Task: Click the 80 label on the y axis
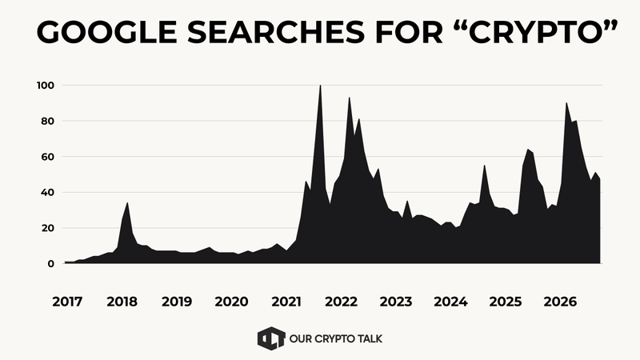click(47, 122)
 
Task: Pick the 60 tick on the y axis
click(47, 157)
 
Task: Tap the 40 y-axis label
click(47, 193)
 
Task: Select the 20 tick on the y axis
click(47, 228)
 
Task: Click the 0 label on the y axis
click(50, 263)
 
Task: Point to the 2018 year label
click(122, 302)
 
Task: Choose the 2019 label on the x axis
click(176, 302)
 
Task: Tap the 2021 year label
click(286, 302)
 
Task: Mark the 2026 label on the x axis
click(560, 302)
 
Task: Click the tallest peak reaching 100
click(320, 86)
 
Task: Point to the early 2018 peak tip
click(127, 204)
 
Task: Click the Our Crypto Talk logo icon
click(270, 338)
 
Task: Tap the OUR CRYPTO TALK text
click(336, 338)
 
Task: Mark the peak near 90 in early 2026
click(566, 104)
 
